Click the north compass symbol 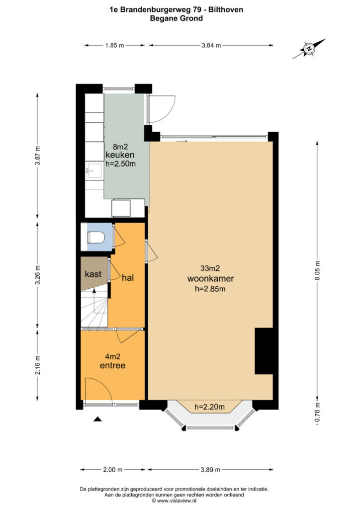pyautogui.click(x=309, y=49)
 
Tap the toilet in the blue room pyautogui.click(x=96, y=237)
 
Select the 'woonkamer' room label pyautogui.click(x=210, y=278)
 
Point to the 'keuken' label pyautogui.click(x=120, y=155)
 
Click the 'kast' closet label pyautogui.click(x=93, y=274)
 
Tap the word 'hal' pyautogui.click(x=128, y=278)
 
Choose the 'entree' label pyautogui.click(x=112, y=365)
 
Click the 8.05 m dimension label pyautogui.click(x=317, y=271)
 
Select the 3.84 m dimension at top pyautogui.click(x=211, y=45)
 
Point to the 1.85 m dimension pyautogui.click(x=114, y=45)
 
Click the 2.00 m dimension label pyautogui.click(x=113, y=469)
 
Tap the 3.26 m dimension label pyautogui.click(x=38, y=275)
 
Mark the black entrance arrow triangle pyautogui.click(x=98, y=419)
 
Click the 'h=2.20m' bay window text pyautogui.click(x=209, y=407)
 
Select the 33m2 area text pyautogui.click(x=210, y=268)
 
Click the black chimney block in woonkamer pyautogui.click(x=264, y=351)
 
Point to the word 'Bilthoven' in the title pyautogui.click(x=226, y=10)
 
